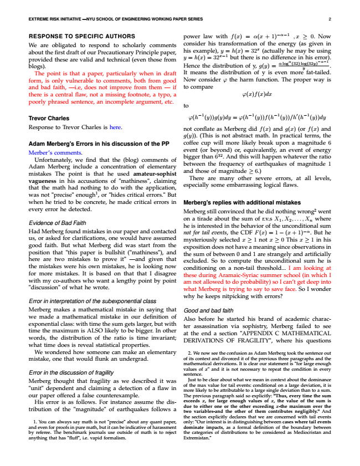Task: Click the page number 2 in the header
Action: click(x=329, y=20)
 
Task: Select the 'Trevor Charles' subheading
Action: click(x=49, y=118)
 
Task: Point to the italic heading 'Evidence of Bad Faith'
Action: click(x=58, y=223)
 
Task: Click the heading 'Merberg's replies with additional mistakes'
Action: click(x=241, y=203)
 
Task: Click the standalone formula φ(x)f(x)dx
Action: click(x=257, y=94)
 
